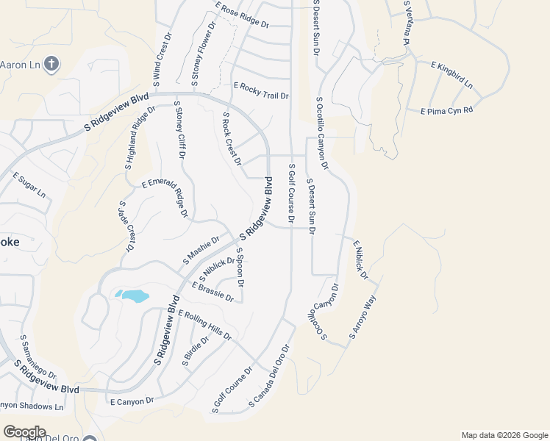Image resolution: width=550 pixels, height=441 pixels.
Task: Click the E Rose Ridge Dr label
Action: (x=242, y=15)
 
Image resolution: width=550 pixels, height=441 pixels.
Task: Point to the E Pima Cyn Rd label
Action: (x=446, y=111)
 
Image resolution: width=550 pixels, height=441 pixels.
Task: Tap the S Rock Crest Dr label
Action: (x=232, y=138)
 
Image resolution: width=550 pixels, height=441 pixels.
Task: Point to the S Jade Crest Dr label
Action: (x=126, y=226)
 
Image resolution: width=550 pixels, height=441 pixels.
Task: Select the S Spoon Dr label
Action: (x=240, y=266)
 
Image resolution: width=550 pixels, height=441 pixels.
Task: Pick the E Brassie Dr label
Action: (x=213, y=293)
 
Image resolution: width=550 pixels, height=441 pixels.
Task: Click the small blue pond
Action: (x=132, y=296)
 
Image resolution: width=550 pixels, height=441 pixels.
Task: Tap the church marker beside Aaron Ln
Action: (x=51, y=64)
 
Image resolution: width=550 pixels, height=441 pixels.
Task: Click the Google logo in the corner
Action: (x=24, y=431)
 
